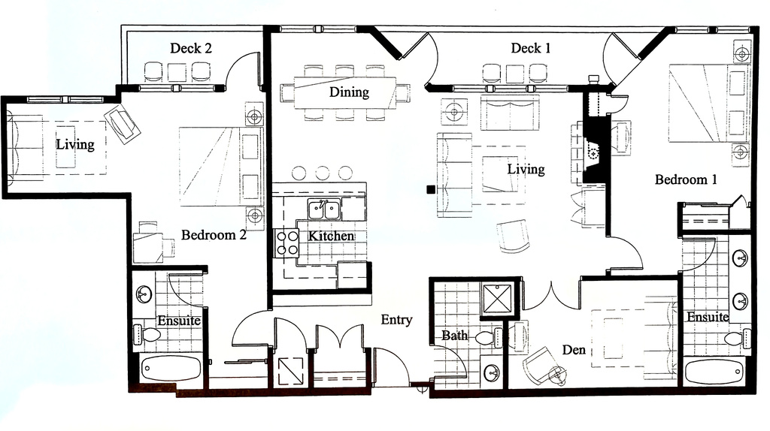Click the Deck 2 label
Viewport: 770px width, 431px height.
190,48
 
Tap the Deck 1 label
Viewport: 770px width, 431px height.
531,48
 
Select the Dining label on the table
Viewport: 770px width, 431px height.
349,92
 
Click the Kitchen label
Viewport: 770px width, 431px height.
331,236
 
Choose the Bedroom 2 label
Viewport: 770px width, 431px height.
214,235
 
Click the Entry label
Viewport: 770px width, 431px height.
396,320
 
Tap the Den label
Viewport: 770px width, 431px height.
574,350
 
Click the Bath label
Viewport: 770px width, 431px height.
455,336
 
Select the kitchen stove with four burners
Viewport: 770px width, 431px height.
287,243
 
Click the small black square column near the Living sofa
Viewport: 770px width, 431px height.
430,190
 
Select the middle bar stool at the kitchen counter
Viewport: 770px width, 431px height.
323,172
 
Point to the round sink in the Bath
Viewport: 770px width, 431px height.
493,371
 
